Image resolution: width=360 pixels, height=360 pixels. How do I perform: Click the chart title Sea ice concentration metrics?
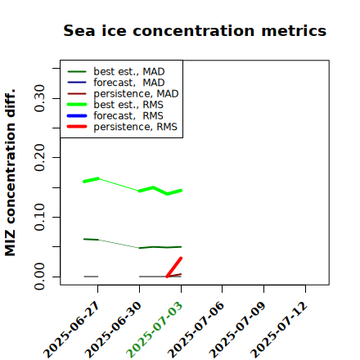195,31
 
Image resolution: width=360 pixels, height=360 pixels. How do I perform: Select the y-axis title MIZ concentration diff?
10,173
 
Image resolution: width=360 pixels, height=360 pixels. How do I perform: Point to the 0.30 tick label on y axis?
39,98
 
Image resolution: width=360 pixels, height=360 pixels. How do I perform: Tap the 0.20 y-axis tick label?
39,157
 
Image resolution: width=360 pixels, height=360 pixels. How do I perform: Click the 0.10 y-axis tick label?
39,217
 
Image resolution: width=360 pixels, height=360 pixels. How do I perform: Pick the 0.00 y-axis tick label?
39,277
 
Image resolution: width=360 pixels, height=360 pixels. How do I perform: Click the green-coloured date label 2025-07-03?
155,330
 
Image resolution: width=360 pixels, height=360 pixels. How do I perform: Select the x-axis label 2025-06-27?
71,330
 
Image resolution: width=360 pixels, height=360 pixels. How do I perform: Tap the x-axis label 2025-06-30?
113,330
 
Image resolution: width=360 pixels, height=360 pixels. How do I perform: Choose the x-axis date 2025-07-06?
196,330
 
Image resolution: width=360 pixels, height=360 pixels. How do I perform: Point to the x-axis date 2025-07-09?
237,330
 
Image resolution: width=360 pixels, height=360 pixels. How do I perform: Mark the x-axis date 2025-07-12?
279,330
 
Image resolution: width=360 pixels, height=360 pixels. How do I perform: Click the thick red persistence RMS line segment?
174,268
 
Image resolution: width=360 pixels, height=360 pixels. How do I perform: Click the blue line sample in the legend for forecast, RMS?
77,116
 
